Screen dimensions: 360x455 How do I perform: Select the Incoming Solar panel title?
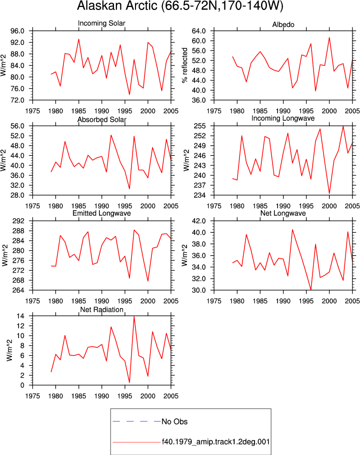click(101, 23)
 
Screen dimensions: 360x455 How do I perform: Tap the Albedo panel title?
click(283, 24)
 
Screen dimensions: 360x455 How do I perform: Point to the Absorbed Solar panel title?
click(101, 119)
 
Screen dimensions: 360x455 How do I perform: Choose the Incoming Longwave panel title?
click(283, 118)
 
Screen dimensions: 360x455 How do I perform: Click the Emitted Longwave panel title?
click(101, 213)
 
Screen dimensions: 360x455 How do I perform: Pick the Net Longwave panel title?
click(283, 213)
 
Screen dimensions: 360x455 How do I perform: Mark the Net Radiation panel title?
click(101, 310)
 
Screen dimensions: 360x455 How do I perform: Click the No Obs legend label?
click(174, 422)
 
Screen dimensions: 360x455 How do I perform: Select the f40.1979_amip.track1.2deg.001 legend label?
click(215, 442)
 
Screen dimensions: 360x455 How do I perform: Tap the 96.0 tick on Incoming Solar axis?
click(17, 31)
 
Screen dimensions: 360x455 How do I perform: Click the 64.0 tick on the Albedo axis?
click(198, 31)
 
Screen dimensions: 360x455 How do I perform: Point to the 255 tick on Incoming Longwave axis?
click(200, 126)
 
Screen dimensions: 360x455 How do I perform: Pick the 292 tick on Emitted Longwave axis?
click(18, 221)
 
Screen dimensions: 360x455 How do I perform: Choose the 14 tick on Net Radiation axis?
click(20, 316)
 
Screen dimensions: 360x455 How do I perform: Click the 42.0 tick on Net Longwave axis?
click(198, 221)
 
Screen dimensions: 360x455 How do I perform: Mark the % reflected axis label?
click(185, 65)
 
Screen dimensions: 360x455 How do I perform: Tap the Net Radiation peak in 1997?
click(134, 316)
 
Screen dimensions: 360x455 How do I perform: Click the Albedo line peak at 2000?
click(329, 37)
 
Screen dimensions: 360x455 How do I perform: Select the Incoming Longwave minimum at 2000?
click(329, 194)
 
